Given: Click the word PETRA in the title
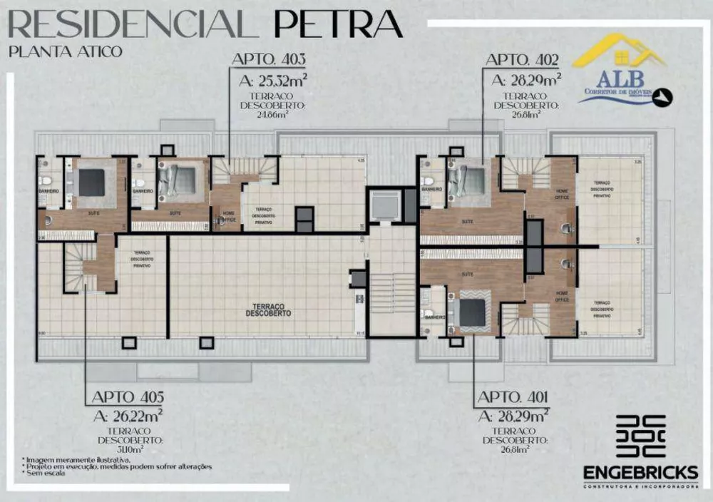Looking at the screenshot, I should (338, 24).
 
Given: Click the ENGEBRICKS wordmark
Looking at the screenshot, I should (640, 473).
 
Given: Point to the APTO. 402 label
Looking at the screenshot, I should (522, 60).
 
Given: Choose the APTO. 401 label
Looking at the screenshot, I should (513, 397).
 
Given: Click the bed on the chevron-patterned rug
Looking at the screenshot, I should (471, 311).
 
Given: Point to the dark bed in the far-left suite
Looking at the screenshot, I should (91, 183).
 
